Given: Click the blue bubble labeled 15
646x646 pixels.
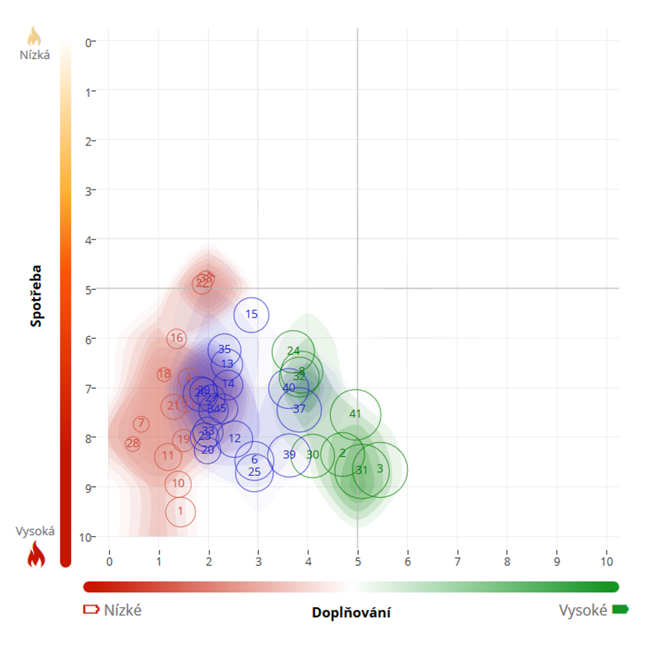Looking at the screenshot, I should (251, 314).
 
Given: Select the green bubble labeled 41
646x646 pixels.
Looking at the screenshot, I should (356, 414).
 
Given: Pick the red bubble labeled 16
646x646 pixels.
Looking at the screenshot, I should (177, 338).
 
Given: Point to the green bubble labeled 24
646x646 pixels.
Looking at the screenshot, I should (293, 351).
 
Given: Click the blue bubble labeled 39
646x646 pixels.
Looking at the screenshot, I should (289, 455).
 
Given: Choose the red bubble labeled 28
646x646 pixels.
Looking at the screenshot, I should (133, 444).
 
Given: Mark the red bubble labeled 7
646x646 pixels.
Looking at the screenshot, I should (141, 424).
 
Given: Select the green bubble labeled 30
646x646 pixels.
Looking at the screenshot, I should (313, 455).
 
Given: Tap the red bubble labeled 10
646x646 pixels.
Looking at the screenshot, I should (179, 483).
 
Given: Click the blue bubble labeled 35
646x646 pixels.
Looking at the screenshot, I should (224, 349).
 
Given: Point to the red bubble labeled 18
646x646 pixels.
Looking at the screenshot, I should (164, 374).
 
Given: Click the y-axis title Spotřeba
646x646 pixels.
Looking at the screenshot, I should (37, 296).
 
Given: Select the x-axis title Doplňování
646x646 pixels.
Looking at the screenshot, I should (351, 612).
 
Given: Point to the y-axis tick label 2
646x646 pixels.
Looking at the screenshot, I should (88, 141).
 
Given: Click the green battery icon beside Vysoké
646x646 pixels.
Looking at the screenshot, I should (619, 609).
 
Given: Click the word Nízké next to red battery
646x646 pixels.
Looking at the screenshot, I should (122, 610).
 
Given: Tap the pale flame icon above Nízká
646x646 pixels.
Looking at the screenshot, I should (35, 37).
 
